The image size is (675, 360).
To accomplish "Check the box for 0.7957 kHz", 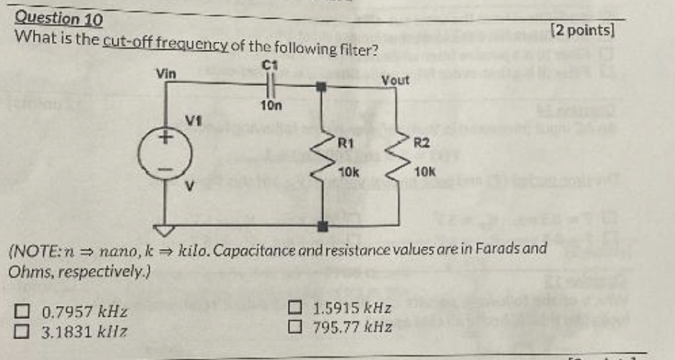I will pos(24,312).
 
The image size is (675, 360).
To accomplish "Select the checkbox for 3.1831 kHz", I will pos(24,331).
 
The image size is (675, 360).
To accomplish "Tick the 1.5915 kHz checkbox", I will pos(295,309).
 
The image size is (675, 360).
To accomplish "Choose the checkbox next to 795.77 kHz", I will pos(295,327).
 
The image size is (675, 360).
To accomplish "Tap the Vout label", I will pos(395,80).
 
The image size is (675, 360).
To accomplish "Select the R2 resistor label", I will pos(422,143).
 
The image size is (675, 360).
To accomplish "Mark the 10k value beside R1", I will pos(348,173).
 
